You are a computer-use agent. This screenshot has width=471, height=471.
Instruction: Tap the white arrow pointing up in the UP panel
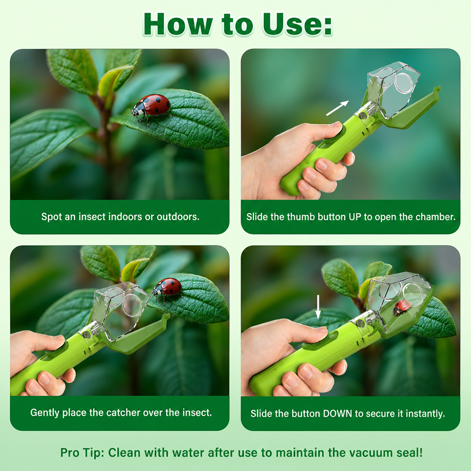(337, 108)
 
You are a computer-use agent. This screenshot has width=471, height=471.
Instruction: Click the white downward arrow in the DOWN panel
(318, 307)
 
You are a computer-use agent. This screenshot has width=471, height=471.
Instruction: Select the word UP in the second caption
(355, 217)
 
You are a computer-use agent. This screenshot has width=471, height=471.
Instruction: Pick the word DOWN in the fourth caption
(337, 414)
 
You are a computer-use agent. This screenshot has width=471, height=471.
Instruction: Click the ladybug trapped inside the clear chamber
(402, 308)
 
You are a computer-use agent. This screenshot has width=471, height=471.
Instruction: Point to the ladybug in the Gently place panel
(167, 289)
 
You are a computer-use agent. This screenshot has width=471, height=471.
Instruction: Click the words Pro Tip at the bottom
(82, 452)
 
